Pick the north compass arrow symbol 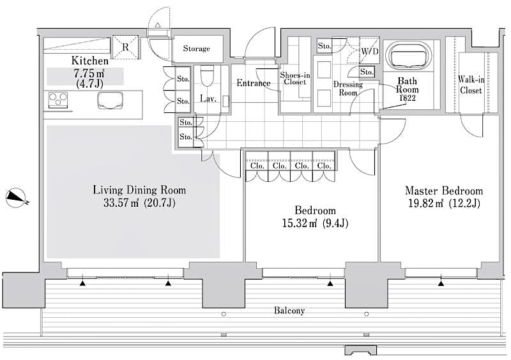(17, 198)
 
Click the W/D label (369, 50)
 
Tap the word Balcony (289, 311)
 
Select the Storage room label (196, 49)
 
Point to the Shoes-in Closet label (295, 79)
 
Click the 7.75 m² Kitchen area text (75, 73)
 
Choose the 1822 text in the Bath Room (408, 98)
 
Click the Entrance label (254, 83)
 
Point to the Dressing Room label (348, 88)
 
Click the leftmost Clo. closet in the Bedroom (257, 165)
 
